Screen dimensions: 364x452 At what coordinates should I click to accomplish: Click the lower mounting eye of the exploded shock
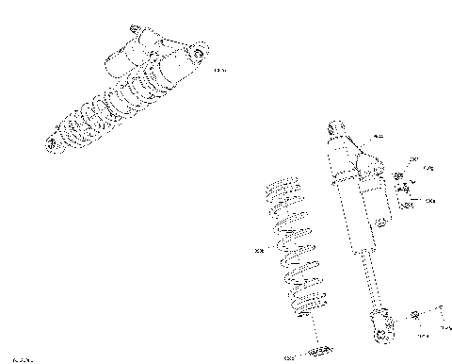pos(380,332)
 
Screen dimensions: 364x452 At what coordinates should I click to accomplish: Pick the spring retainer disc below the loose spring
pos(317,350)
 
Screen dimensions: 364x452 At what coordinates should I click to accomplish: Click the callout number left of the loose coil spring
pos(259,250)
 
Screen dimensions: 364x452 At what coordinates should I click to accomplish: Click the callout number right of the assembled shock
pos(221,71)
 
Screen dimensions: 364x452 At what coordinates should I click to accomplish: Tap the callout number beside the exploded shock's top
pos(379,138)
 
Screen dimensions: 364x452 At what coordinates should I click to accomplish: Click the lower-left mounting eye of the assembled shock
pos(52,143)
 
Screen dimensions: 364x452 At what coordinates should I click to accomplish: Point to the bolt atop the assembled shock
pos(132,28)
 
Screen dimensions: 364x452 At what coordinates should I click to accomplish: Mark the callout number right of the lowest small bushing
pos(430,201)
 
